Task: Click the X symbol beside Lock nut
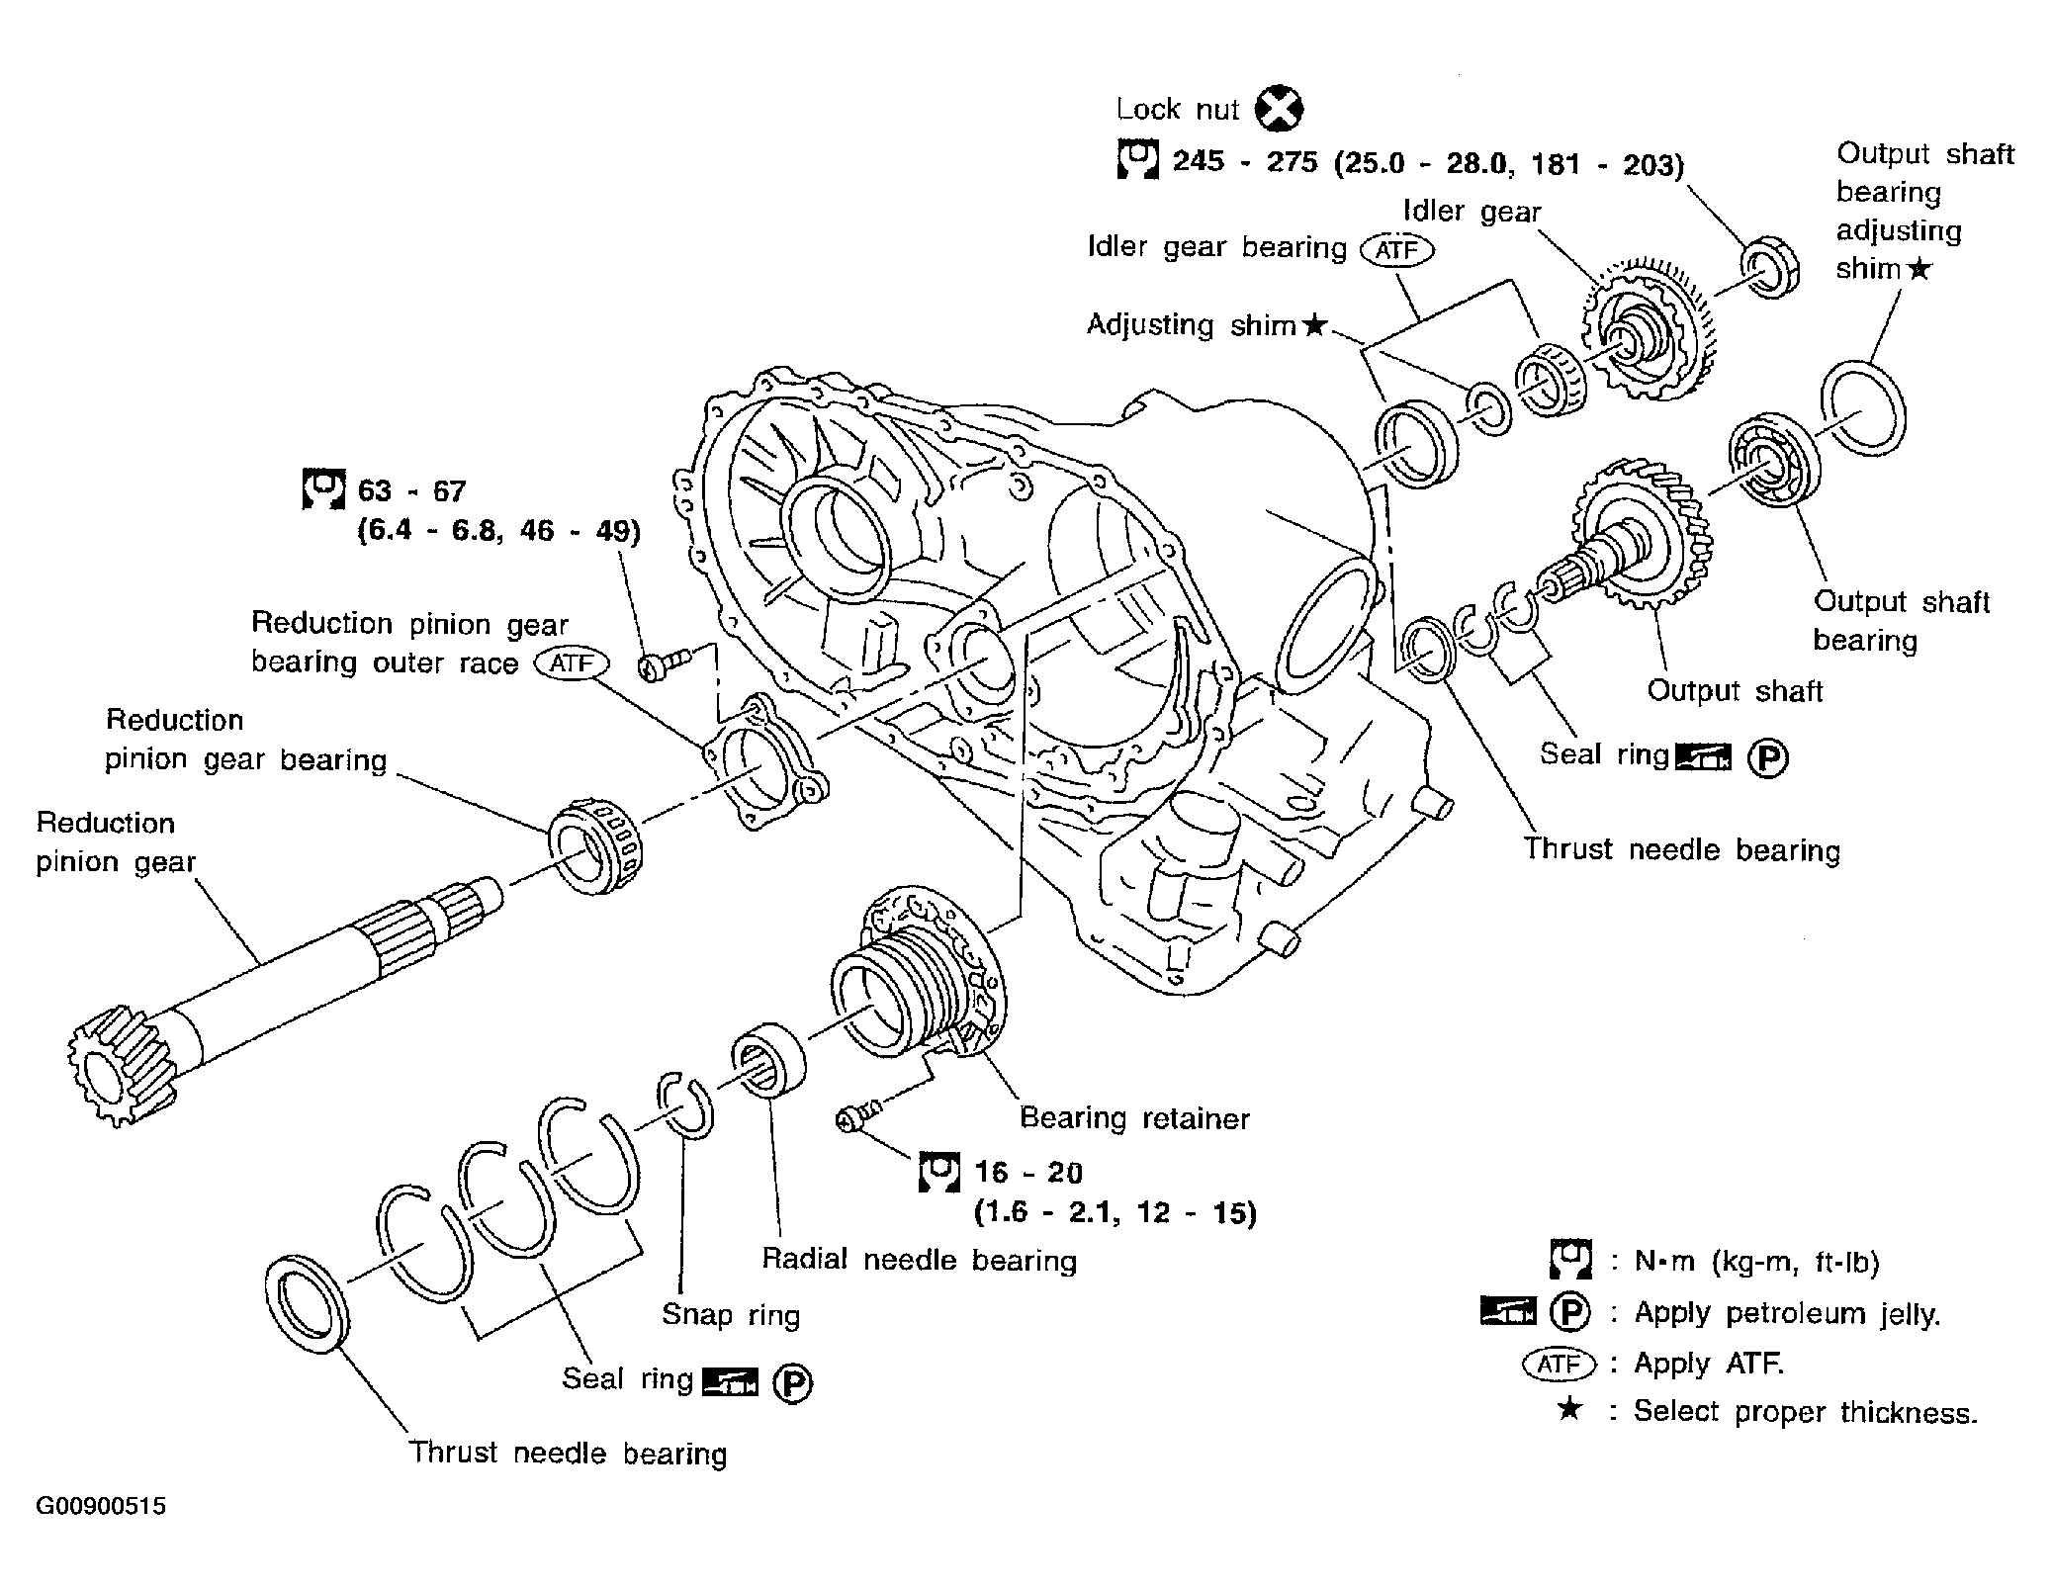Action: point(1279,110)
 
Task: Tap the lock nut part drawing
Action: point(1769,267)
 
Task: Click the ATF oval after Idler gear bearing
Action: point(1396,249)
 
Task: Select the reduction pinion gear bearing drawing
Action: point(596,850)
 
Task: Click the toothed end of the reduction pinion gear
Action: point(119,1062)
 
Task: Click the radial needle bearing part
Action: point(768,1060)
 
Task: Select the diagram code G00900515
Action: point(102,1506)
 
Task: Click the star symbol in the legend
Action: point(1568,1408)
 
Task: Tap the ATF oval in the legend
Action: point(1560,1365)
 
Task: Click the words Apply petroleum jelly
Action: point(1787,1313)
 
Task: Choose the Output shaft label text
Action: point(1735,690)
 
